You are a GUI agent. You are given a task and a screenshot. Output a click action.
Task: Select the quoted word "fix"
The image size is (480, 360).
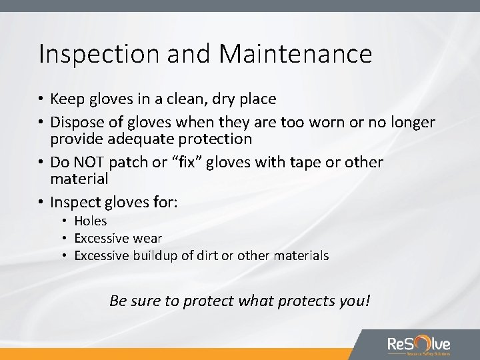click(204, 163)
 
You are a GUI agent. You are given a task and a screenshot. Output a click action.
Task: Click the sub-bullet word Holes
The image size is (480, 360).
click(91, 221)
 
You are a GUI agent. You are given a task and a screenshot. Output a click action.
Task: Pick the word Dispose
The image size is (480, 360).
click(78, 123)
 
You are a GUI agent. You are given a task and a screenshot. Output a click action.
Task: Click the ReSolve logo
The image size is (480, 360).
click(419, 345)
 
